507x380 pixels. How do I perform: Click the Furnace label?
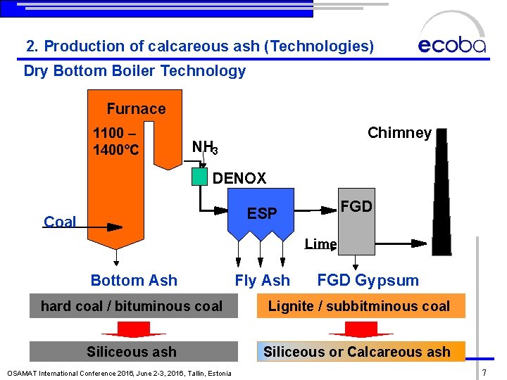pos(136,108)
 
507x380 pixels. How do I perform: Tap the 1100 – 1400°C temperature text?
pos(116,141)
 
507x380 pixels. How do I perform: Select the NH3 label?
pos(205,147)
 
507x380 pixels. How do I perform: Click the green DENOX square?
pos(200,176)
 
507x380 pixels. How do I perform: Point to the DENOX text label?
pos(239,179)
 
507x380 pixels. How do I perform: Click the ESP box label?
pos(262,213)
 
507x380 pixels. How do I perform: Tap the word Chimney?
pos(399,133)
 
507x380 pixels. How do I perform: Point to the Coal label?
pos(60,222)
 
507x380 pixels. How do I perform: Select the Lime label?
pos(320,244)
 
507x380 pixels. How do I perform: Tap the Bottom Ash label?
pos(134,280)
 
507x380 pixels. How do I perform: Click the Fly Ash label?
pos(262,280)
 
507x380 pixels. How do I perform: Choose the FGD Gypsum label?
pos(368,280)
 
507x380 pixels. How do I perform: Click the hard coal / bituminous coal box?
pos(133,306)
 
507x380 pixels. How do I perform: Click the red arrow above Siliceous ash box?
pos(133,329)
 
